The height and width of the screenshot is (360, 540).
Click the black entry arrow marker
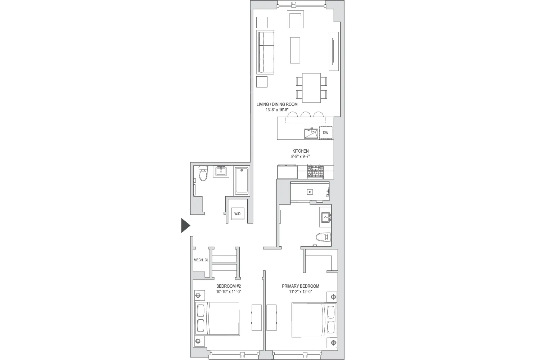(185, 226)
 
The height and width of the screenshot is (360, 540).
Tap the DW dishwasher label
(325, 133)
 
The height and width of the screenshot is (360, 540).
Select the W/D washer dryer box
(237, 214)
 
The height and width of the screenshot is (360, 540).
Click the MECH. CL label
(201, 260)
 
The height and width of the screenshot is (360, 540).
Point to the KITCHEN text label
(300, 151)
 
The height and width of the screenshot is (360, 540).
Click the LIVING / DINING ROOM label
(277, 104)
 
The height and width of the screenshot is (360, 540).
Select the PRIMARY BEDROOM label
(300, 286)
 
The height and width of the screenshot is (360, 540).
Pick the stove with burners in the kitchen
(315, 171)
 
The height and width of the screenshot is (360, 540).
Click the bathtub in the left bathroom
(242, 181)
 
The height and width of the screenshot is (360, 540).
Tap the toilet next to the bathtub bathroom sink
(203, 174)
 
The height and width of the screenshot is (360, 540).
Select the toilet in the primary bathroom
(323, 237)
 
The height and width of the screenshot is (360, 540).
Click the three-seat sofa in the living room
(265, 53)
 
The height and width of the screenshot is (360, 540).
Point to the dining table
(311, 87)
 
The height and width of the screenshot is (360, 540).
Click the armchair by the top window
(296, 20)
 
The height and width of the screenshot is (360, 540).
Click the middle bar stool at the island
(306, 115)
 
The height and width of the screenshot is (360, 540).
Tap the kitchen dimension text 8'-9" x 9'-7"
(300, 157)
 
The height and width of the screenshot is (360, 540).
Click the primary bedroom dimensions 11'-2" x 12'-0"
(300, 292)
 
